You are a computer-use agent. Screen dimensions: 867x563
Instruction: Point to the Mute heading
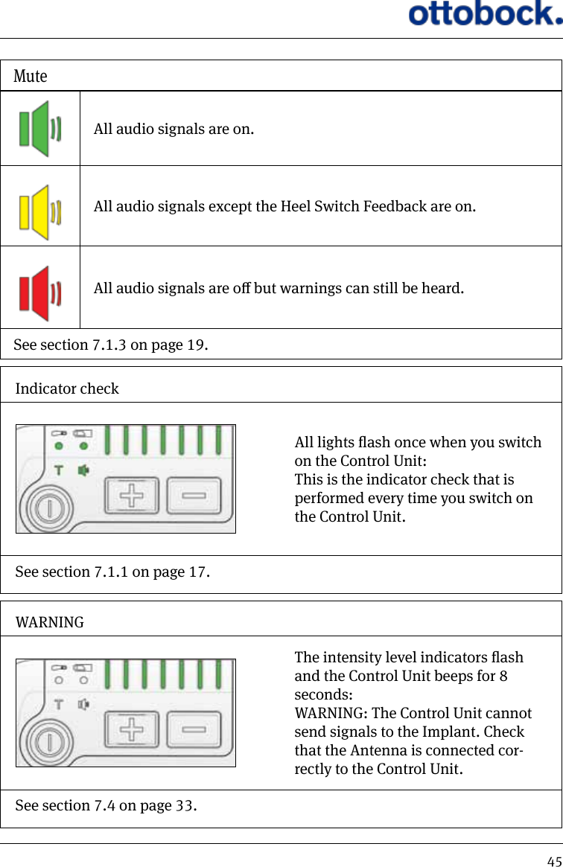point(31,76)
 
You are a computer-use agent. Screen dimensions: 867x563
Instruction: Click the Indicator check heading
point(67,388)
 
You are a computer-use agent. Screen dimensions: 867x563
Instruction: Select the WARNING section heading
point(50,622)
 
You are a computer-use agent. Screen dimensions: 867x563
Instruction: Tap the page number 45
point(553,861)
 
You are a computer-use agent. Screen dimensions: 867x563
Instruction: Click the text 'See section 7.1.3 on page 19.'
point(111,345)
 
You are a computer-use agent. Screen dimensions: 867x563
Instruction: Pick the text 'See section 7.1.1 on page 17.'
point(112,572)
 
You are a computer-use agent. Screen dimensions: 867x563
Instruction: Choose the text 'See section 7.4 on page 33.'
point(106,806)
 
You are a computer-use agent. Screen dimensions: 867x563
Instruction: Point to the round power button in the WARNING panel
point(49,742)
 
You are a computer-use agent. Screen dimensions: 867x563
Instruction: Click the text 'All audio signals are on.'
point(174,129)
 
